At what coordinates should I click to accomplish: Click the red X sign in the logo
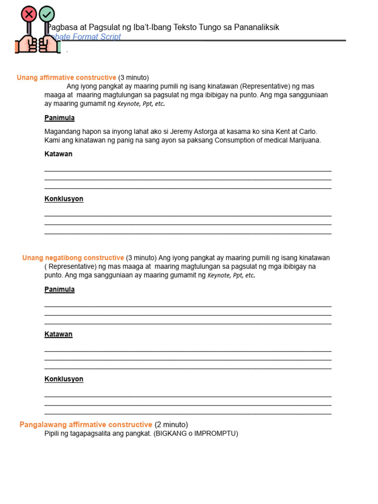click(29, 14)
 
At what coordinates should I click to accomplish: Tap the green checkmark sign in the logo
click(47, 14)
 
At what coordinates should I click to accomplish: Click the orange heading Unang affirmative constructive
click(66, 78)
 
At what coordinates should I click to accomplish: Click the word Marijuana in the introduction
click(305, 140)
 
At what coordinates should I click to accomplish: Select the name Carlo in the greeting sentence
click(308, 131)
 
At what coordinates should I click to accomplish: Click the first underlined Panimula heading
click(60, 118)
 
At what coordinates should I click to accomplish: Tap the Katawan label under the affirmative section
click(58, 154)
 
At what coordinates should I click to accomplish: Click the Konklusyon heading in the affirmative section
click(64, 199)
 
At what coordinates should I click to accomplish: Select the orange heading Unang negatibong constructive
click(73, 258)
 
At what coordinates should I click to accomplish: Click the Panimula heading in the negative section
click(60, 289)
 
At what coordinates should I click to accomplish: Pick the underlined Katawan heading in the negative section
click(58, 334)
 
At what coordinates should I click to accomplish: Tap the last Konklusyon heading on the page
click(64, 379)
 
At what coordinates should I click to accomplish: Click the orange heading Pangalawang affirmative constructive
click(86, 425)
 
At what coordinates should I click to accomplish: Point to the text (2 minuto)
click(171, 425)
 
